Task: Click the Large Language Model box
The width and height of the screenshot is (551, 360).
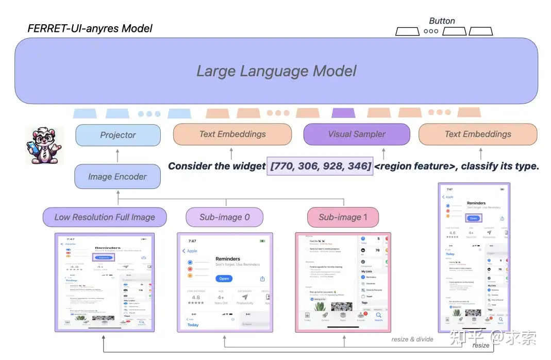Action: [276, 71]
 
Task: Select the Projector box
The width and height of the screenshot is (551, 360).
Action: [118, 135]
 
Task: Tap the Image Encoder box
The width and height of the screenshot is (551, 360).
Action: [118, 177]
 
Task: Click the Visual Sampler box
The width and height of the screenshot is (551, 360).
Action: [357, 134]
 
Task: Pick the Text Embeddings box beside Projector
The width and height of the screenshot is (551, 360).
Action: [232, 134]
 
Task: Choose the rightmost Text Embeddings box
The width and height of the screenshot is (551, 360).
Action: [478, 134]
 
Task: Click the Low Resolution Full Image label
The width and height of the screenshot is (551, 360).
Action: [105, 217]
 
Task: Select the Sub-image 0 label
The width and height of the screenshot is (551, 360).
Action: [224, 217]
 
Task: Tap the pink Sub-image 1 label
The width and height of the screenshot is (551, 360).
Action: [343, 217]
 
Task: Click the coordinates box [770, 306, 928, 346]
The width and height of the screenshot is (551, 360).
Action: [320, 166]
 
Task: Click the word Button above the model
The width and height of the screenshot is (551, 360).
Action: [442, 21]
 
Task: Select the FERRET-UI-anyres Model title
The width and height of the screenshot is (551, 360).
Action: [90, 28]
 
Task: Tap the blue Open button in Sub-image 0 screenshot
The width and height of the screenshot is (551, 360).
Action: [224, 279]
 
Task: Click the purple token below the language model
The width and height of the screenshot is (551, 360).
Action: [343, 113]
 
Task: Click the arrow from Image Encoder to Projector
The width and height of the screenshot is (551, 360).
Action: [118, 155]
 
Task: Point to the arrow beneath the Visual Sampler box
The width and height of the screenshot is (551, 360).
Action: [383, 153]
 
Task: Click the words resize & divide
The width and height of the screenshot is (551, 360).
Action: [412, 339]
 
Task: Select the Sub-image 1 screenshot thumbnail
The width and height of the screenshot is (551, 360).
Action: [343, 282]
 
